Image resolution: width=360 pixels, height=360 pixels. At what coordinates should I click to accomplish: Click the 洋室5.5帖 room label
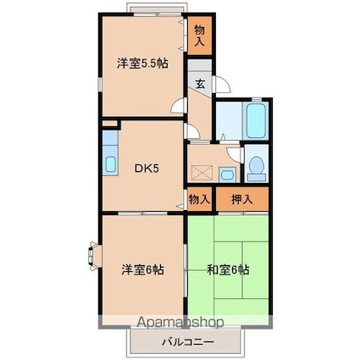tap(141, 62)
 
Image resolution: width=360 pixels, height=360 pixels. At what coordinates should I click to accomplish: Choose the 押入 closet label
tap(241, 200)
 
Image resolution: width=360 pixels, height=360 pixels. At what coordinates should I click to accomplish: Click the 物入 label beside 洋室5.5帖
tap(200, 35)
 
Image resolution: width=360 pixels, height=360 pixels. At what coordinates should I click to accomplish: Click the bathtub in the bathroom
tap(255, 119)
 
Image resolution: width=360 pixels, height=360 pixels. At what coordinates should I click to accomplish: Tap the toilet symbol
tap(255, 167)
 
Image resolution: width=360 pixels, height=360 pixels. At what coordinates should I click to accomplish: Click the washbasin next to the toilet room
tap(226, 174)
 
